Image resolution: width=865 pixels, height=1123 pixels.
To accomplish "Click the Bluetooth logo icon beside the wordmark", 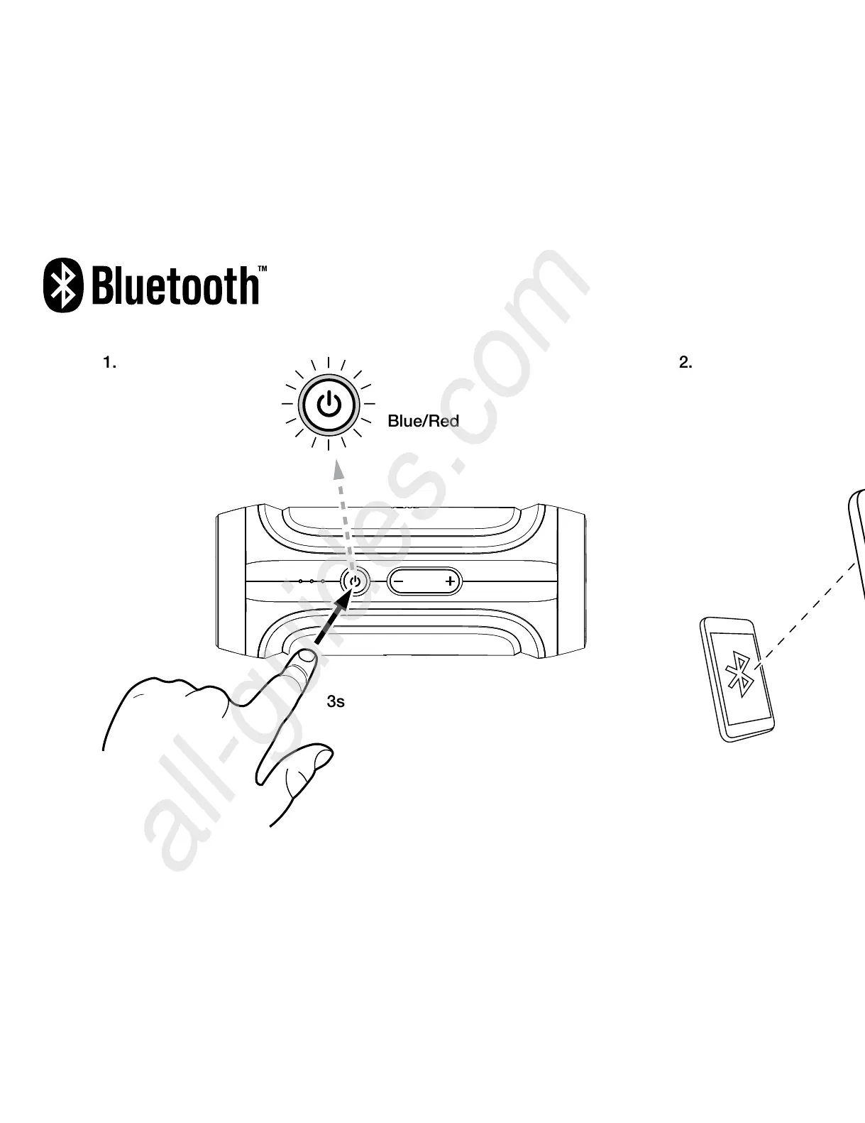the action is pos(65,285).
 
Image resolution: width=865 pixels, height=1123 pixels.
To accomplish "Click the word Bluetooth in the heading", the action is pos(175,285).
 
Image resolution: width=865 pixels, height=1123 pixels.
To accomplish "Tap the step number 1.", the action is pos(109,363).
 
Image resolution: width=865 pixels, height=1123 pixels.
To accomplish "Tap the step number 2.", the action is pos(685,363).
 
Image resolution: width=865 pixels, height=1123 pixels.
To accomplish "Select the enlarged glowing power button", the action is pos(329,405).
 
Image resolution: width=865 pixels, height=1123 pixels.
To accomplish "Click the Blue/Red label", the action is pos(423,421).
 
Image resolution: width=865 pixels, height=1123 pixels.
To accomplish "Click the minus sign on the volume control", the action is pos(400,582).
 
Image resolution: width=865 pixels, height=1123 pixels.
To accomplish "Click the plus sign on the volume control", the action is pos(450,582).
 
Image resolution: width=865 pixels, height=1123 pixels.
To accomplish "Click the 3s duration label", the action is pos(336,702).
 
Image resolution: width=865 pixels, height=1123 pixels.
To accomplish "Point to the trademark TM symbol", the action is pos(263,270).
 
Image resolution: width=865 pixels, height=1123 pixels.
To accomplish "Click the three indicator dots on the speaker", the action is pos(312,581).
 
